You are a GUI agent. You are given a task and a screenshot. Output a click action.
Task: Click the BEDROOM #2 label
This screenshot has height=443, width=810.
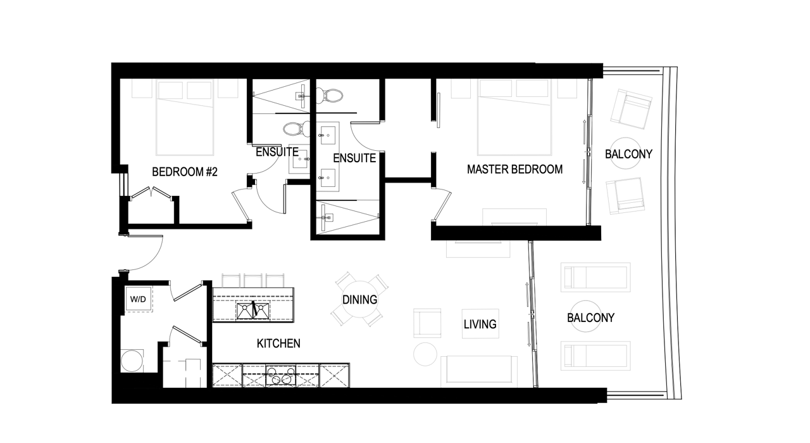[185, 171]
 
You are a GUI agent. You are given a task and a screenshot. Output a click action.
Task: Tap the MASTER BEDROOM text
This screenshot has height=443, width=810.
[514, 169]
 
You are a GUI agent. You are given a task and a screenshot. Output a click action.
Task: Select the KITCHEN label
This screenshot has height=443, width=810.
[278, 343]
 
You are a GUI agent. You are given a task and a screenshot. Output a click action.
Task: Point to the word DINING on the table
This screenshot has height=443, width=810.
[359, 300]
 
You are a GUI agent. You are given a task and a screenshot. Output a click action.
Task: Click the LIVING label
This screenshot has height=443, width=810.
[480, 324]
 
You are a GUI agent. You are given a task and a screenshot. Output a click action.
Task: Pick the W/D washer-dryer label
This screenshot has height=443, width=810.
[138, 299]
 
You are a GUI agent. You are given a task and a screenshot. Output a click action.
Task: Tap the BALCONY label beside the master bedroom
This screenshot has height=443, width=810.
[628, 154]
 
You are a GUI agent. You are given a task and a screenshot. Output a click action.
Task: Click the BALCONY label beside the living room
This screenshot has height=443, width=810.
[590, 318]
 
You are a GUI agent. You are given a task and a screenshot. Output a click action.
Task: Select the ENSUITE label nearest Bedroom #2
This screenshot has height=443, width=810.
[277, 152]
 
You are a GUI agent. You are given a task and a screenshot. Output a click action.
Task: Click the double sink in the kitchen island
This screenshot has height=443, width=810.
[253, 311]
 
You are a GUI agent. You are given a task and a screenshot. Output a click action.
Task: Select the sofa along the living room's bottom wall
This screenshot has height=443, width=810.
[479, 370]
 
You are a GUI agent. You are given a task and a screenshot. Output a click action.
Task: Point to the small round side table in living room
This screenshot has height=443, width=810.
[425, 354]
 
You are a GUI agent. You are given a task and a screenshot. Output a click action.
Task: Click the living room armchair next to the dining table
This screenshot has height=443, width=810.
[427, 323]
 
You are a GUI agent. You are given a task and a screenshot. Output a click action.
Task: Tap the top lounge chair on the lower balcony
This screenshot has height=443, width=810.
[595, 278]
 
